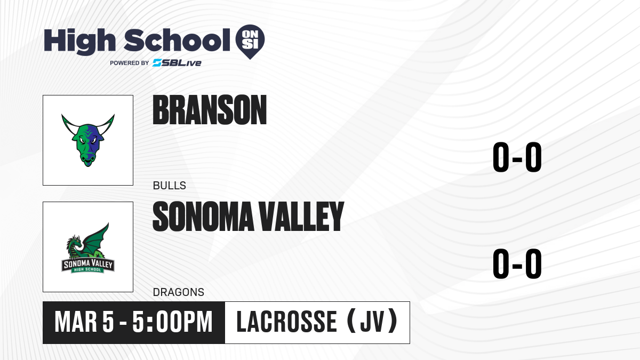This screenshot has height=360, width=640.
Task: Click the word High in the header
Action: tap(80, 42)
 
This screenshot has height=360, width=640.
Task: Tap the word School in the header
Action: tap(177, 40)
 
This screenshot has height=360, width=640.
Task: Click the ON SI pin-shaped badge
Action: tap(250, 40)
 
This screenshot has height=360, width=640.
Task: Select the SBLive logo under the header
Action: tap(177, 62)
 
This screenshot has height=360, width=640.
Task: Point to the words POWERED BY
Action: tap(130, 63)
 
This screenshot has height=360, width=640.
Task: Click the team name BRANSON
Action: tap(210, 110)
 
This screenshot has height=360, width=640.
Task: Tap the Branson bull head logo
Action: tap(88, 140)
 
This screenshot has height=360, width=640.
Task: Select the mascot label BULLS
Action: tap(170, 186)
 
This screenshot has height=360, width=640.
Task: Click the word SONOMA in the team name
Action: tap(203, 217)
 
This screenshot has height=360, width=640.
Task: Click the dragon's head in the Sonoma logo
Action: tap(74, 242)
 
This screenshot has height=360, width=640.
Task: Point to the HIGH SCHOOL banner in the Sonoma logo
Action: tap(87, 269)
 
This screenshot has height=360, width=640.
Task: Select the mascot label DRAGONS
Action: tap(179, 292)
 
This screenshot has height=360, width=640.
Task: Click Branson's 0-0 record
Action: tap(517, 157)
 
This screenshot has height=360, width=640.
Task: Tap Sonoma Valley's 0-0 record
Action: tap(517, 263)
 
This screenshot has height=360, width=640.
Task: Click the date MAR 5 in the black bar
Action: tap(84, 322)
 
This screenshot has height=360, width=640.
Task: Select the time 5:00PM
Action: tap(173, 322)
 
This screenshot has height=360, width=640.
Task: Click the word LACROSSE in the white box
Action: tap(287, 322)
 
